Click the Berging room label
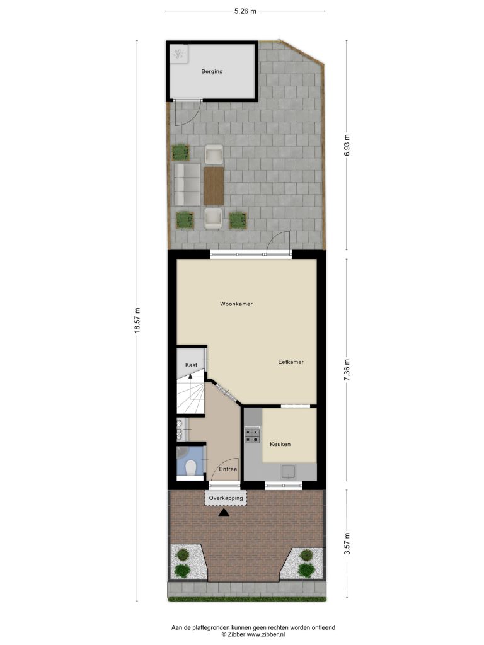coord(212,72)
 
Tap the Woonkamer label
coord(236,304)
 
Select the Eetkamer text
coord(291,362)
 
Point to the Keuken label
coord(280,444)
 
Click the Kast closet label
coord(191,365)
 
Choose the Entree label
coord(228,469)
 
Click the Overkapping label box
coord(226,498)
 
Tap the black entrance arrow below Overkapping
coord(224,513)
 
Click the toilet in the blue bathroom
coord(190,468)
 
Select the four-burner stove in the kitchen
coord(252,436)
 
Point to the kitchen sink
coord(289,472)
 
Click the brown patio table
coord(214,186)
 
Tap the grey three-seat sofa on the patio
coord(187,185)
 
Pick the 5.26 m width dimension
coord(245,11)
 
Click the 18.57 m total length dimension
coord(137,320)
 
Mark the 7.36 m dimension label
coord(347,370)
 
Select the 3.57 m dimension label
coord(347,544)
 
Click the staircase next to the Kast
coord(191,394)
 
